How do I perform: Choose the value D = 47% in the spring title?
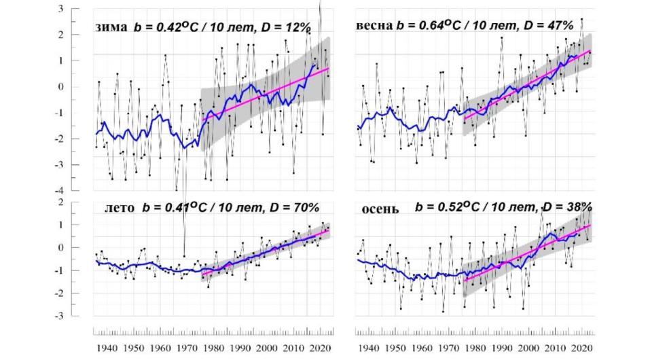pyautogui.click(x=548, y=26)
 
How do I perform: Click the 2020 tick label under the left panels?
pyautogui.click(x=319, y=347)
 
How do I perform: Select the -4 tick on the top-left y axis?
pyautogui.click(x=79, y=190)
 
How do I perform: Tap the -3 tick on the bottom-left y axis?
pyautogui.click(x=79, y=317)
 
